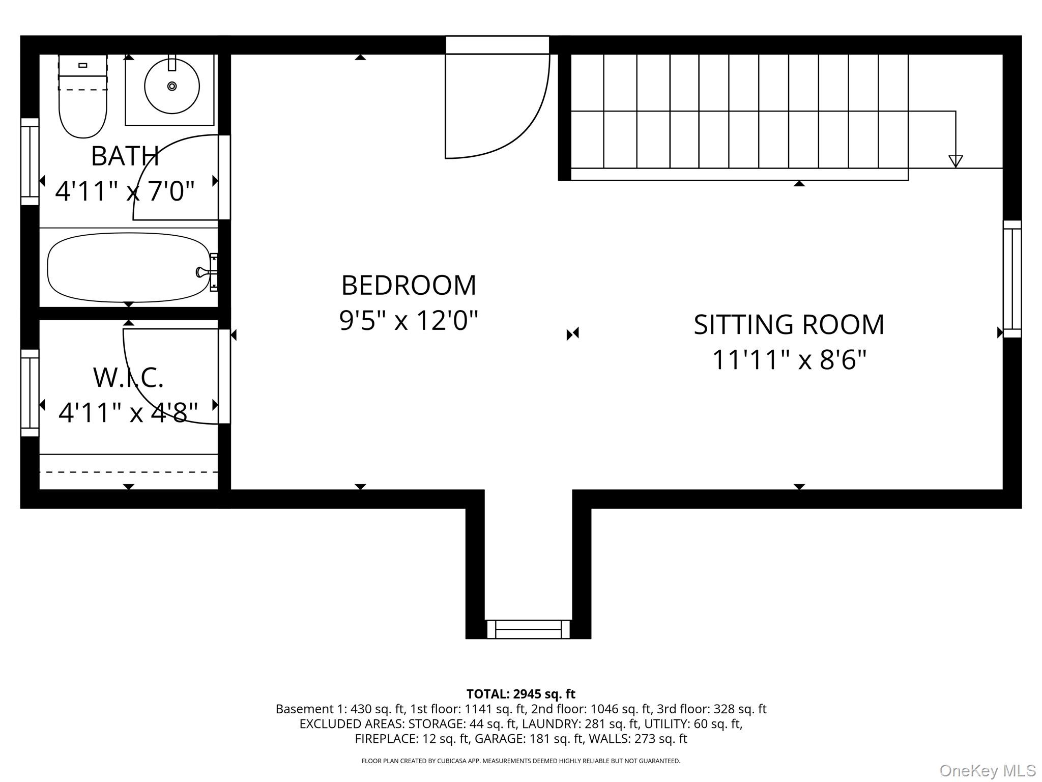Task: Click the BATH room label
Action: click(125, 156)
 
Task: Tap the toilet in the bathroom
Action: click(83, 96)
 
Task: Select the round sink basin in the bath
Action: click(172, 86)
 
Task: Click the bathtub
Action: click(129, 267)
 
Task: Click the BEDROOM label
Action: click(409, 285)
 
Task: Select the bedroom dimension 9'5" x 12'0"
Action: click(409, 321)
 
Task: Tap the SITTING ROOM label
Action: click(789, 325)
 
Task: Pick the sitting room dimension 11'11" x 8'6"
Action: click(789, 360)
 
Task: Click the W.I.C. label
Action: click(128, 377)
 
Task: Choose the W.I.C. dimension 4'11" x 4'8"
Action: click(128, 412)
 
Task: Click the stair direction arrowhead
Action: click(956, 161)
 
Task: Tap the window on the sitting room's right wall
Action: click(1012, 279)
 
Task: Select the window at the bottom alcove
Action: click(528, 629)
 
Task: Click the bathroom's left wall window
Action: click(30, 161)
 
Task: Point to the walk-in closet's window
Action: click(30, 393)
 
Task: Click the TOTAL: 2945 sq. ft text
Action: click(520, 694)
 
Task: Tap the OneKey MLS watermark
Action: click(988, 771)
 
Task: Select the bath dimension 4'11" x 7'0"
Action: click(125, 191)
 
